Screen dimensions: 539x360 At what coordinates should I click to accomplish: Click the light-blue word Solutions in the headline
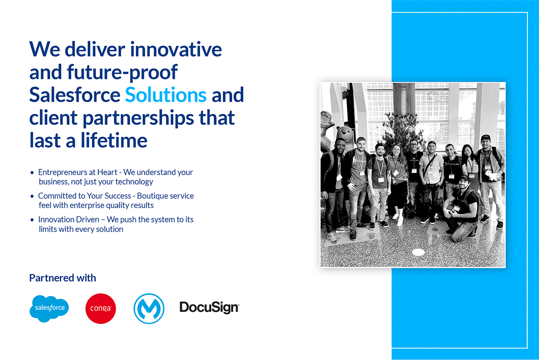(x=166, y=95)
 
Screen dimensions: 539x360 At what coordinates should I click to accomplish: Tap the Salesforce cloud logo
(x=49, y=309)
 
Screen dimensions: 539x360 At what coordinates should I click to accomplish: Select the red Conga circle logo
(x=100, y=309)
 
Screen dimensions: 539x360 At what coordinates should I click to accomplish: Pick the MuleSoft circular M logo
(x=149, y=309)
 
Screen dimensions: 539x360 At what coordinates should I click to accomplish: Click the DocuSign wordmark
(x=209, y=308)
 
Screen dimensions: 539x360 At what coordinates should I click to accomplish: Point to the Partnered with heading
(x=63, y=278)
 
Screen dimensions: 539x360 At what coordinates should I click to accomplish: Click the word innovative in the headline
(x=176, y=49)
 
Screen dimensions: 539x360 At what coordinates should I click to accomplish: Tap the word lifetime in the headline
(x=114, y=140)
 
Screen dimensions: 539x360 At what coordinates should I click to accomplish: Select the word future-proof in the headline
(x=122, y=72)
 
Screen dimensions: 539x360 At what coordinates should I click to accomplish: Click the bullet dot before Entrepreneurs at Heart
(x=32, y=173)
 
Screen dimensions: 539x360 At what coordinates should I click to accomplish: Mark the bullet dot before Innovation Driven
(x=32, y=220)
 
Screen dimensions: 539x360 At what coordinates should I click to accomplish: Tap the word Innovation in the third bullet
(x=69, y=220)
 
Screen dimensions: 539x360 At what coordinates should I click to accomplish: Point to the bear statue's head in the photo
(x=346, y=135)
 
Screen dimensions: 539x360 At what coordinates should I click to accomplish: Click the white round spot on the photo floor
(x=418, y=252)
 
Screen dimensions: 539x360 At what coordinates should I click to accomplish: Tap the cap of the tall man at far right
(x=485, y=138)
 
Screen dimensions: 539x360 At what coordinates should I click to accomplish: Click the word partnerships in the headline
(x=138, y=118)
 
